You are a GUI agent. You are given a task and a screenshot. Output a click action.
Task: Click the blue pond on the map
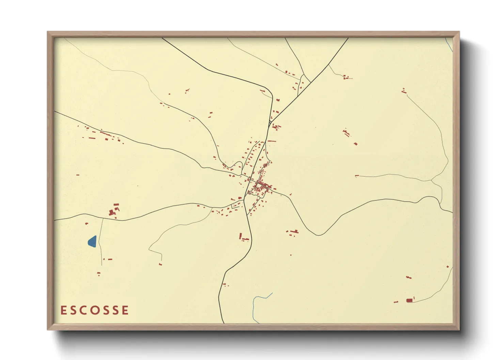[92, 241]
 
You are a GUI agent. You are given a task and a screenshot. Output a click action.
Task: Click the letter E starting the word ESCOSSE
[63, 310]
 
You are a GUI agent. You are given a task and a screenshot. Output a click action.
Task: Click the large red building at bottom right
[409, 300]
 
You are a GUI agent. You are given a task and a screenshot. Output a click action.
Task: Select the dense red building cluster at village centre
[263, 186]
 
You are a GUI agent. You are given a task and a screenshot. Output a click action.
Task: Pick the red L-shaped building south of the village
[242, 237]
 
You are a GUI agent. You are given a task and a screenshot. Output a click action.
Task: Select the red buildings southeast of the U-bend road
[293, 232]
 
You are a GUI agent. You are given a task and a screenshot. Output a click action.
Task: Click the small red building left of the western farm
[78, 175]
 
